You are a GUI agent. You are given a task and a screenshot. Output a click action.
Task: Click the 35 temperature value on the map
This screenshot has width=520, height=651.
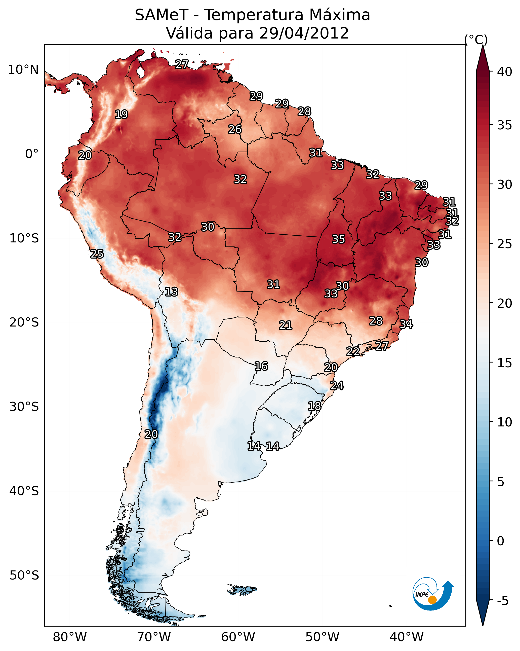(x=338, y=239)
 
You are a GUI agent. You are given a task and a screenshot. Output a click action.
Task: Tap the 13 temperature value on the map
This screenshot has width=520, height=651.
(x=171, y=292)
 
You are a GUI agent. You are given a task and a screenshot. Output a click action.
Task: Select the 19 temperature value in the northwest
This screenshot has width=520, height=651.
(x=121, y=115)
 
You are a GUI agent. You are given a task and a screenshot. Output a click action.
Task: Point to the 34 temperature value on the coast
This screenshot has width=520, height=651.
(x=406, y=324)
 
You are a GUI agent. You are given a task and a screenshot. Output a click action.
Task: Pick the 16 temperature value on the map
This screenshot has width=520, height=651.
(x=261, y=366)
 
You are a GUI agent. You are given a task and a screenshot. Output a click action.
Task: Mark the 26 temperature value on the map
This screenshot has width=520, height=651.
(x=235, y=129)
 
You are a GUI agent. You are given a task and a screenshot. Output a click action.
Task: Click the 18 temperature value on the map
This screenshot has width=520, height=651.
(x=314, y=406)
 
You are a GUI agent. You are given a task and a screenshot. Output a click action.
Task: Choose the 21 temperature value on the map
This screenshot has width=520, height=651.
(x=285, y=325)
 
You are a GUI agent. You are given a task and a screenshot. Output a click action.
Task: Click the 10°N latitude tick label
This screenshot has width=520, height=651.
(x=23, y=70)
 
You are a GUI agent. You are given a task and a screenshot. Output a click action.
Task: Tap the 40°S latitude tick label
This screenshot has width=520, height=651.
(x=24, y=491)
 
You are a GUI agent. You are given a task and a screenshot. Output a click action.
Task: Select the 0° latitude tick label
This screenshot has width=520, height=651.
(x=32, y=154)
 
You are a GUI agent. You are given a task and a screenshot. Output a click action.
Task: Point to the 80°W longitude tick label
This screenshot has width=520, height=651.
(x=70, y=637)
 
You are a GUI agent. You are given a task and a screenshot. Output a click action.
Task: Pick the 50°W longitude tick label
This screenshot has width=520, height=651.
(x=322, y=637)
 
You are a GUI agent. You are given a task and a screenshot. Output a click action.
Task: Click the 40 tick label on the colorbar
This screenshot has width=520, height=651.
(x=505, y=72)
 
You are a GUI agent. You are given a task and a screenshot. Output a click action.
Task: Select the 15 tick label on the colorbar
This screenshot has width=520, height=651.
(x=505, y=363)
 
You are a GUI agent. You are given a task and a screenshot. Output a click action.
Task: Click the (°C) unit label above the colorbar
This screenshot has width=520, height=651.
(x=476, y=40)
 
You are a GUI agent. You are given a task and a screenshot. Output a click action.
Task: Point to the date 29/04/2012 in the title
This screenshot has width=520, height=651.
(x=304, y=33)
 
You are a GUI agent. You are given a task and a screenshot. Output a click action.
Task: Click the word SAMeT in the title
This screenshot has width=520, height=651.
(x=162, y=15)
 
